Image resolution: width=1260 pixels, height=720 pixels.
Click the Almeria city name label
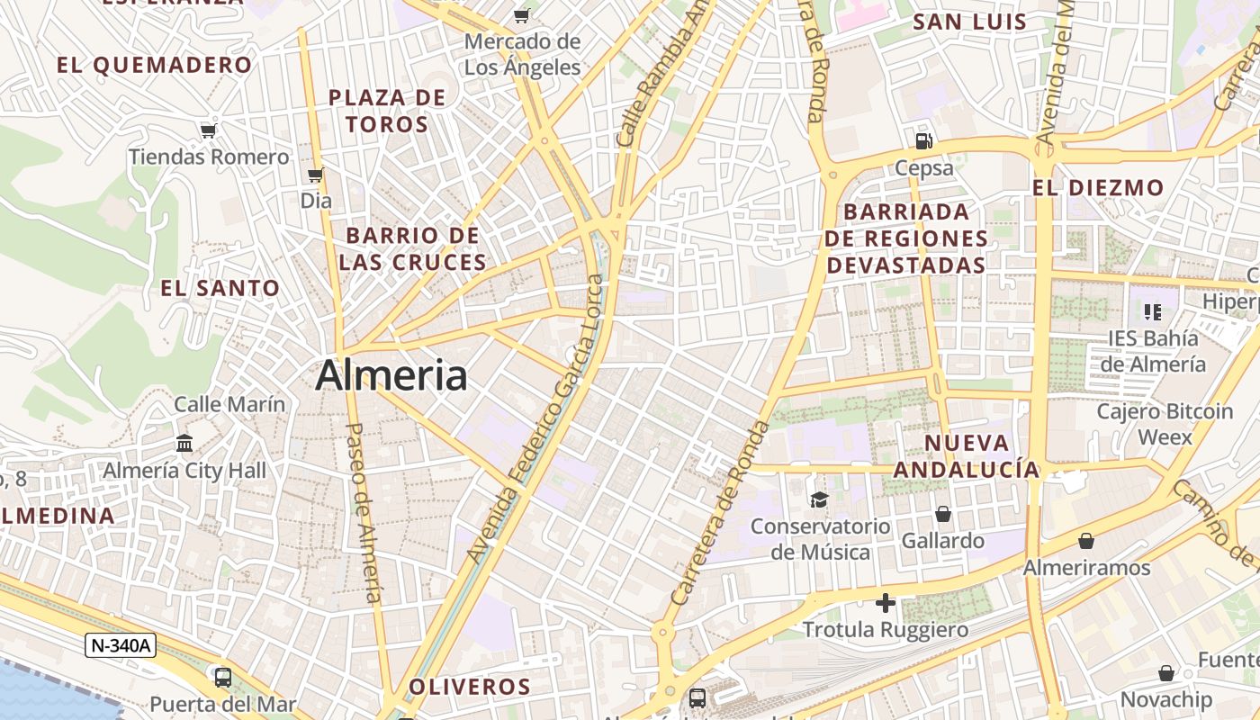tap(391, 375)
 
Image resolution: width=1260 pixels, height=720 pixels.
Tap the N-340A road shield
tap(121, 644)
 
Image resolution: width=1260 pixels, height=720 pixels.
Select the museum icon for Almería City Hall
tap(185, 443)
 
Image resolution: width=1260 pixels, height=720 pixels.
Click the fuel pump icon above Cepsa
tap(923, 140)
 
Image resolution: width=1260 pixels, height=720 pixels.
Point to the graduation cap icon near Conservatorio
tap(819, 499)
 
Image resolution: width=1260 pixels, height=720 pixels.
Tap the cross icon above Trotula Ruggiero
tap(886, 602)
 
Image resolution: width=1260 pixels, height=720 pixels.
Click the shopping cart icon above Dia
tap(315, 175)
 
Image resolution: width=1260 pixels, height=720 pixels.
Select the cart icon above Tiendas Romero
tap(209, 130)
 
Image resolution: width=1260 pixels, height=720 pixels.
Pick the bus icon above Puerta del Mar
tap(223, 677)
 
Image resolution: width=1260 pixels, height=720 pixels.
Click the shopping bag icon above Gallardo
tap(943, 514)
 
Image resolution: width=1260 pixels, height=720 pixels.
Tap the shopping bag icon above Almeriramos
tap(1086, 541)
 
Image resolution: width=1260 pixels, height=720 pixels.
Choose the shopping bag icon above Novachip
tap(1166, 673)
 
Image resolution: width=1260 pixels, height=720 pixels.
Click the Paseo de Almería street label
tap(364, 513)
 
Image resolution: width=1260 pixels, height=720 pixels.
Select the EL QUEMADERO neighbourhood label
tap(155, 65)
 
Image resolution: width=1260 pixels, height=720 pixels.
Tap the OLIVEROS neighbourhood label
tap(470, 687)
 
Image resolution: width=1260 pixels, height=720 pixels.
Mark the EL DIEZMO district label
tap(1098, 188)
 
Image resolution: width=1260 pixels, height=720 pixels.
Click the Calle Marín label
tap(229, 404)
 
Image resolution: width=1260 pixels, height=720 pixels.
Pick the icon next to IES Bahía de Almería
tap(1152, 312)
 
